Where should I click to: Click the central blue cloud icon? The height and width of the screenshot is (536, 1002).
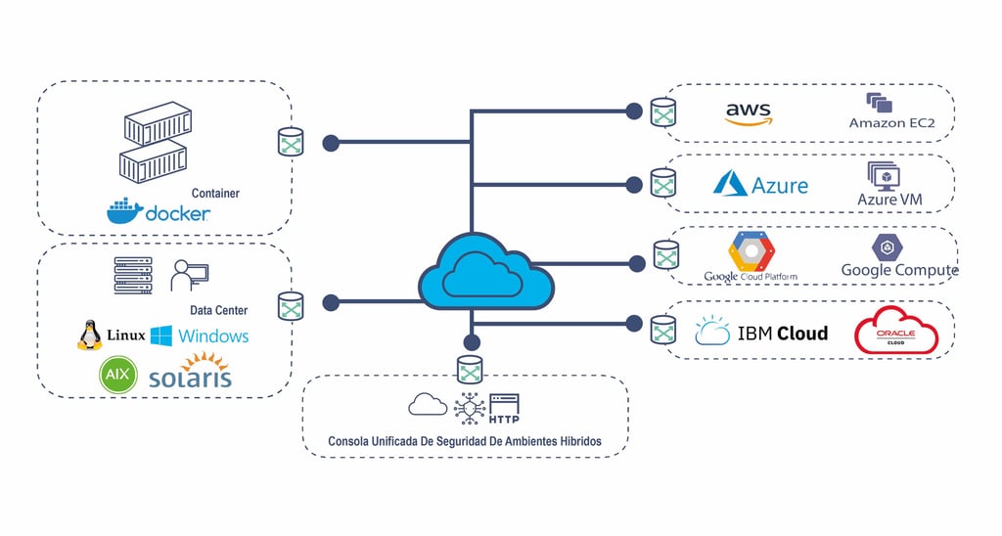click(485, 274)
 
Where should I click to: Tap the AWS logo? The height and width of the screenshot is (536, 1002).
click(749, 113)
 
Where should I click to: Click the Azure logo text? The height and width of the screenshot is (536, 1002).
click(780, 185)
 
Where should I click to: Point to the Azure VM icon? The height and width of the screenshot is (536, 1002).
click(883, 175)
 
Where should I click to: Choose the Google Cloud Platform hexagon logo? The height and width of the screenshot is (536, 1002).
click(751, 251)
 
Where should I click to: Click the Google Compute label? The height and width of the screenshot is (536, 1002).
click(899, 270)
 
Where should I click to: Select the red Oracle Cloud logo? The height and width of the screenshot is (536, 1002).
click(895, 331)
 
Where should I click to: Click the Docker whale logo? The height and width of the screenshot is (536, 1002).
click(124, 211)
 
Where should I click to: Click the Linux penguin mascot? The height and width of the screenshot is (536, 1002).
click(90, 335)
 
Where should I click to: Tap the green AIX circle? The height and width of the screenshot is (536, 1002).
click(117, 375)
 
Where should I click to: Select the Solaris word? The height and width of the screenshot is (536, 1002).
click(190, 377)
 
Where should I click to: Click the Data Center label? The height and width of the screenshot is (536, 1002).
click(218, 310)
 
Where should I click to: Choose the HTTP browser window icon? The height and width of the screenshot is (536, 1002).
click(504, 407)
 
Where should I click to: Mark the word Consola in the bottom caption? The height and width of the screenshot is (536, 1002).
click(350, 441)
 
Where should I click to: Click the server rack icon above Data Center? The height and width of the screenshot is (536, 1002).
click(133, 276)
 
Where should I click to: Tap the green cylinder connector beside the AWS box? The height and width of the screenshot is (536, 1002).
click(663, 112)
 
